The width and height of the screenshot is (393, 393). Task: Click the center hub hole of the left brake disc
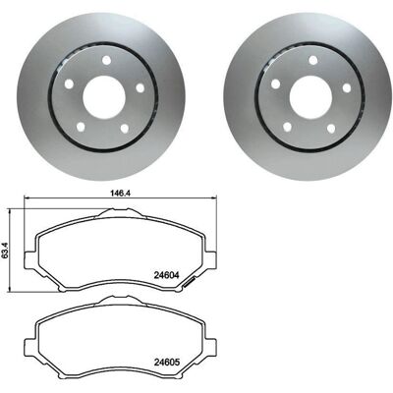[104, 97]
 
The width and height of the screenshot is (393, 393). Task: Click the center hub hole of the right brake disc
[310, 97]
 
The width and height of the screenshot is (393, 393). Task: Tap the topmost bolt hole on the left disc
[106, 60]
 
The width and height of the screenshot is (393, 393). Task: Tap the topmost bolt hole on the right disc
[313, 60]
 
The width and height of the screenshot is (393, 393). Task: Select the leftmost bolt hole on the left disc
[69, 84]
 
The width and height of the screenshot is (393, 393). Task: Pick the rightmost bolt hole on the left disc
[140, 87]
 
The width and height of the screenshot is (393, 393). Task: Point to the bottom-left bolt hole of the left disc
[81, 127]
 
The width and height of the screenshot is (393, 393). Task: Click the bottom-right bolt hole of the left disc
[125, 129]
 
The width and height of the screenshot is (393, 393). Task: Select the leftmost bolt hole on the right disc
[276, 84]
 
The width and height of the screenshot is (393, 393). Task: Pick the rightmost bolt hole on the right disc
[347, 87]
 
